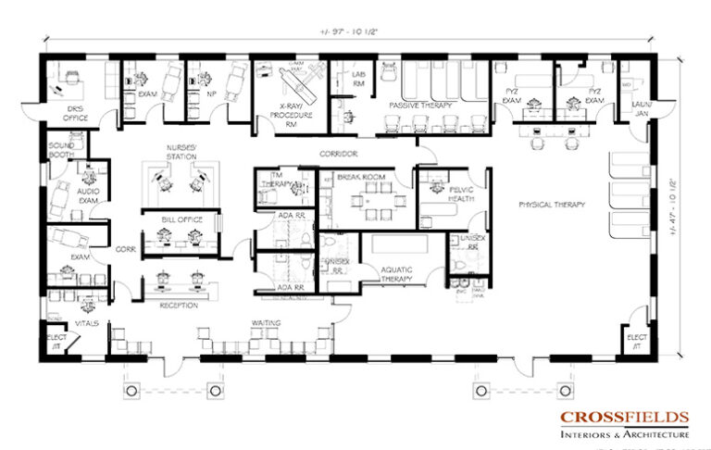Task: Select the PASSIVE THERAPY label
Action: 419,106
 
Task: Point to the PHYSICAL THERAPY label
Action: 552,203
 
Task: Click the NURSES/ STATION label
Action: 181,153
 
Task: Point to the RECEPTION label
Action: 180,304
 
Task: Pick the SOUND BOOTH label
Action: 63,150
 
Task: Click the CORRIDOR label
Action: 339,153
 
